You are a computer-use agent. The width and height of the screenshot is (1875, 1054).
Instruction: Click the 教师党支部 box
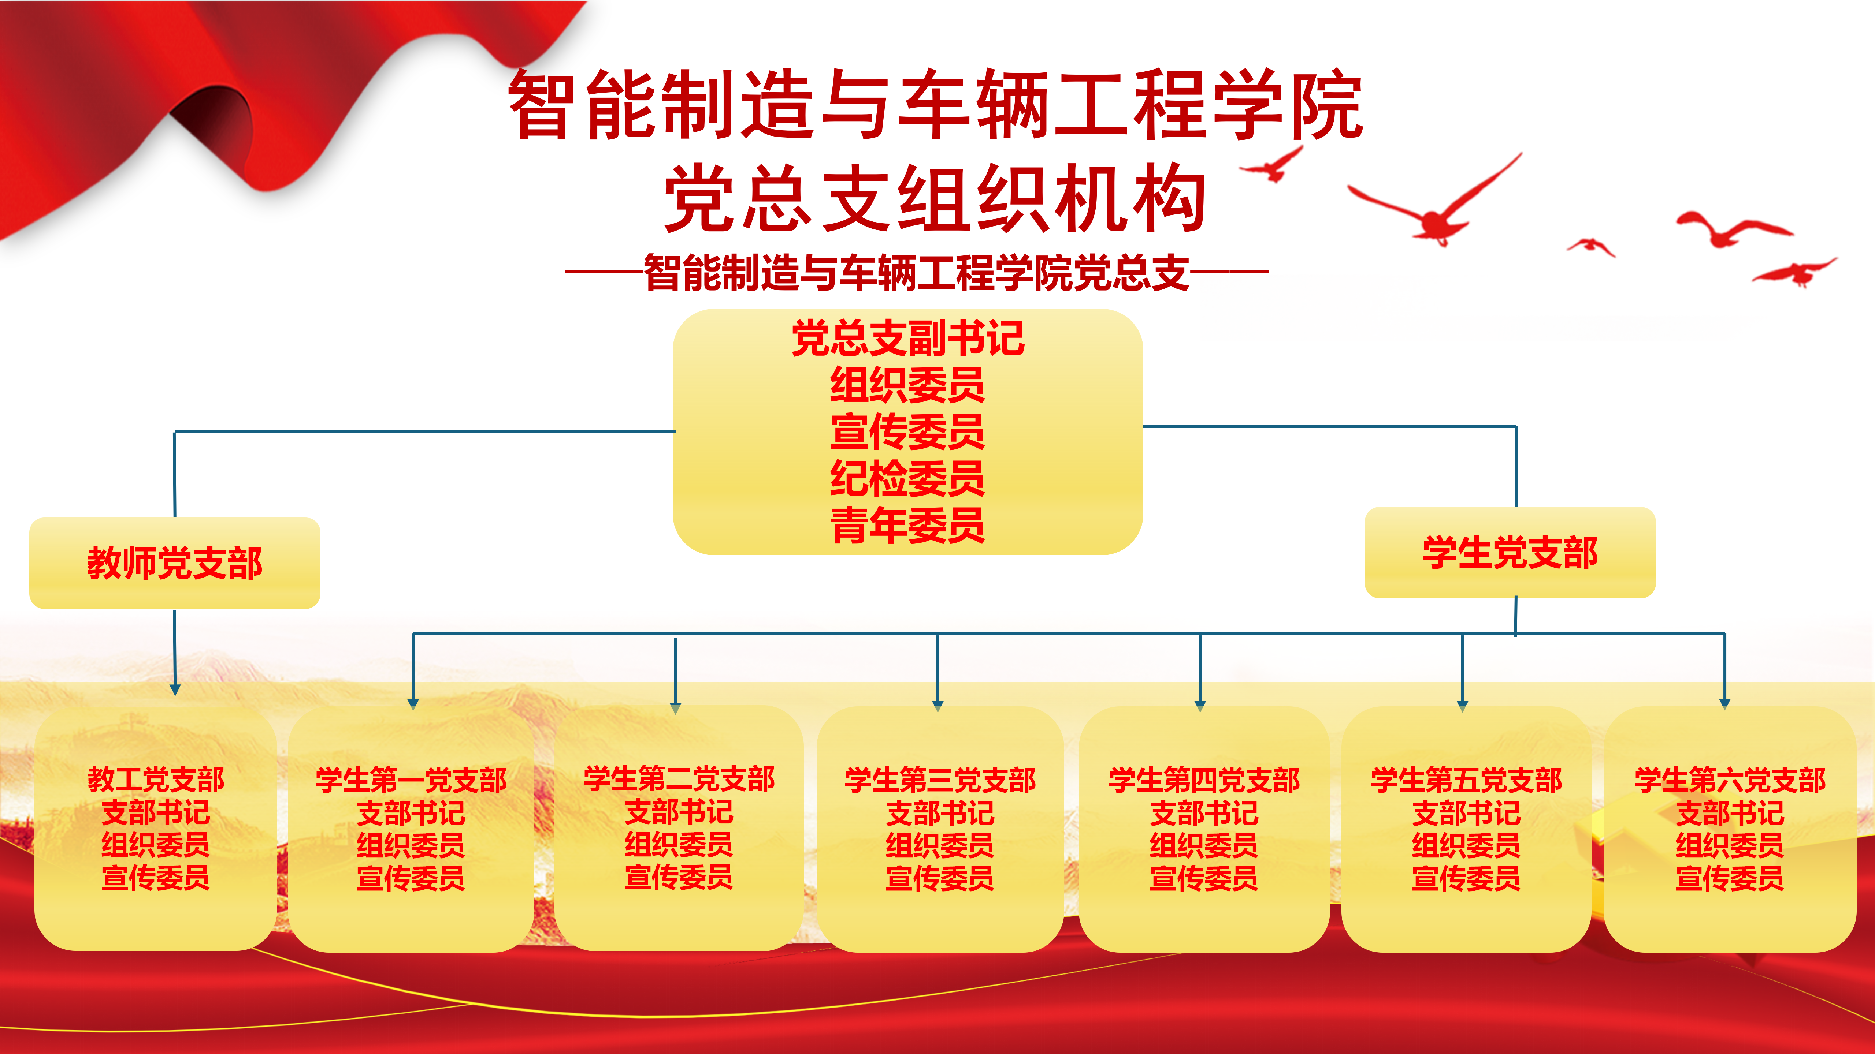175,563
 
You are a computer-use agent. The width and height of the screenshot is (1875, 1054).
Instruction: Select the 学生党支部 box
1510,553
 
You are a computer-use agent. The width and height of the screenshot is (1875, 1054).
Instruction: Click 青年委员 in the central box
908,525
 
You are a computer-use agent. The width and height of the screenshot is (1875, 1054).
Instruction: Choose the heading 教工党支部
156,780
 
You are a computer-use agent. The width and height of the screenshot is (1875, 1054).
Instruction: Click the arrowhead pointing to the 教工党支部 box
175,689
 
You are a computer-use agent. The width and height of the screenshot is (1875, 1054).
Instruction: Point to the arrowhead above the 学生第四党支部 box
1200,705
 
